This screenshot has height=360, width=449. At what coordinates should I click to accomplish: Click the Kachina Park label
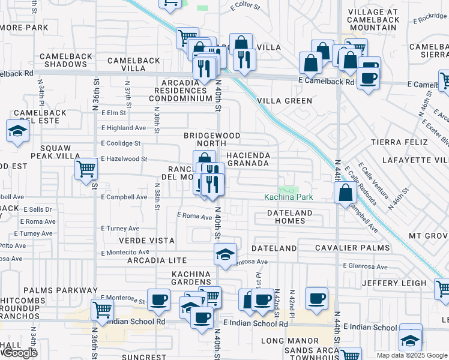[x=289, y=197]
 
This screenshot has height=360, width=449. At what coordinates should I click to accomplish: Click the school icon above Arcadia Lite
[x=225, y=254]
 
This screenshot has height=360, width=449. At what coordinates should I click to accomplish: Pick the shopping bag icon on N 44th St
[x=345, y=193]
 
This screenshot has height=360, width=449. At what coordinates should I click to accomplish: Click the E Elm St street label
[x=113, y=113]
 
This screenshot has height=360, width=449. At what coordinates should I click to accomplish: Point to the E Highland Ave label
[x=123, y=128]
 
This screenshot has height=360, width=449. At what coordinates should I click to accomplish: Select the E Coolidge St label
[x=120, y=143]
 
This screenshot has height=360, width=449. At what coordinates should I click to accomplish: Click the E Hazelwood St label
[x=124, y=159]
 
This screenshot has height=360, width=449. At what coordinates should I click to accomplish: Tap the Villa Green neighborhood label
[x=285, y=101]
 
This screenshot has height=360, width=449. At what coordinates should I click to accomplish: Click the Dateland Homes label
[x=289, y=217]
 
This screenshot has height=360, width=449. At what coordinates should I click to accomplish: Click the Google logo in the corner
[x=19, y=352]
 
